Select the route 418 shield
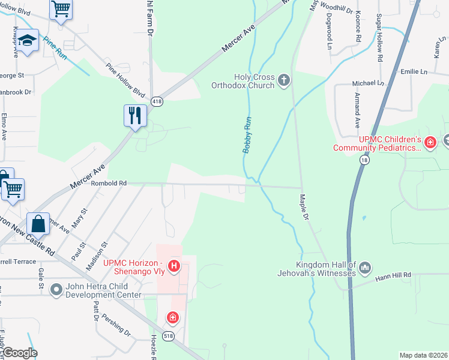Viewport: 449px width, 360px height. [x=157, y=101]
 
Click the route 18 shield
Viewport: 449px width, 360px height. [x=364, y=160]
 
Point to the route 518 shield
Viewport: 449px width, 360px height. [x=170, y=337]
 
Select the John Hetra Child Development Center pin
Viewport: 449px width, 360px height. [x=56, y=290]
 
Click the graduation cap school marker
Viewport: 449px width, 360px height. [x=27, y=41]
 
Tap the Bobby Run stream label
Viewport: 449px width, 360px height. [x=247, y=135]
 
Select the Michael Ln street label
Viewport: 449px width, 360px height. [x=367, y=83]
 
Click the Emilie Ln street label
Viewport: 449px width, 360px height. [x=414, y=72]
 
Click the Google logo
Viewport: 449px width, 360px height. [x=20, y=353]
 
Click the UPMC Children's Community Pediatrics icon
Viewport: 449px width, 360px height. [x=429, y=143]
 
